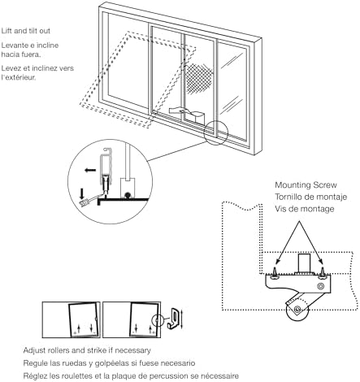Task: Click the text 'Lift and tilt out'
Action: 26,31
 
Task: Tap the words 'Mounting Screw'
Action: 306,185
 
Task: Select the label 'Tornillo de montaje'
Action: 311,197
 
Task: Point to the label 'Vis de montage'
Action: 305,209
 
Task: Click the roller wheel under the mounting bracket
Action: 297,310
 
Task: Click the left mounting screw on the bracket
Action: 275,272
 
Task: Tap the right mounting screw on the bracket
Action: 323,272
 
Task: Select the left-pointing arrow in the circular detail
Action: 90,170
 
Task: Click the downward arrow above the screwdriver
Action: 81,193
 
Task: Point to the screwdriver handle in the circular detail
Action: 84,202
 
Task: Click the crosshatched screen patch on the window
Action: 200,79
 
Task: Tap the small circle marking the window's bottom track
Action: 216,132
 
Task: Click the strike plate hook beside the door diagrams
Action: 173,319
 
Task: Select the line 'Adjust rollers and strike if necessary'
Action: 87,350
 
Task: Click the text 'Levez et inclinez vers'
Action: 37,68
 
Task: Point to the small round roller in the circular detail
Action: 127,195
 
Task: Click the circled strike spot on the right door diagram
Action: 158,320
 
